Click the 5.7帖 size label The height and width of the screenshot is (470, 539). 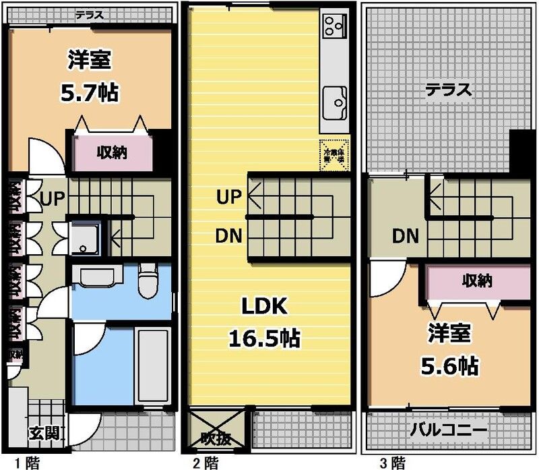[90, 92]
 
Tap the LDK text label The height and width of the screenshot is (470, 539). [265, 308]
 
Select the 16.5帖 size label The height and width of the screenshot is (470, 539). [265, 336]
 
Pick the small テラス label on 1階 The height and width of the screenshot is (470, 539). [88, 13]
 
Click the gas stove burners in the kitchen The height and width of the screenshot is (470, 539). [332, 26]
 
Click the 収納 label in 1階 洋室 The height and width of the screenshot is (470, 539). [111, 152]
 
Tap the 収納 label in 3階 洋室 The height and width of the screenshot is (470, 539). [476, 281]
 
